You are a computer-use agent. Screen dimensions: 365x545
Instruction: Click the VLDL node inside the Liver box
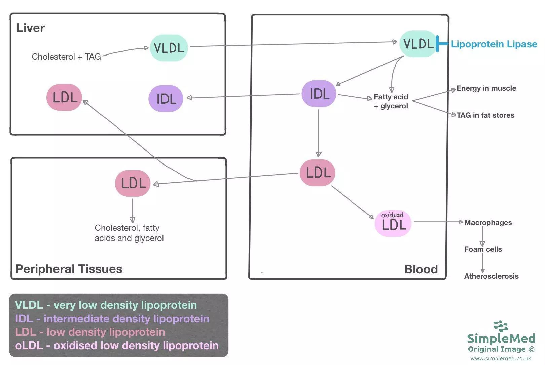(x=169, y=48)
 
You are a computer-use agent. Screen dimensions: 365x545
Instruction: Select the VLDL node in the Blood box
(x=418, y=44)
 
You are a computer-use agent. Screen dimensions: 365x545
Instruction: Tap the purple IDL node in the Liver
(x=166, y=99)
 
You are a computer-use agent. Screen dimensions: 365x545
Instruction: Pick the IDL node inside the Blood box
(x=319, y=94)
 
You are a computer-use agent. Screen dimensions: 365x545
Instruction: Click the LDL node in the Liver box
(x=65, y=98)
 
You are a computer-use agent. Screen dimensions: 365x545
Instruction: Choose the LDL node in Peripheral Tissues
(x=133, y=183)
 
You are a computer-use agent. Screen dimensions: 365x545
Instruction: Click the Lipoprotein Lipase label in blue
(x=494, y=44)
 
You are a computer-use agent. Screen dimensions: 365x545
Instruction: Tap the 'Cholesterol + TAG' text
(x=66, y=57)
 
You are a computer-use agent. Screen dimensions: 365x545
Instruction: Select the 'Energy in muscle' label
(x=486, y=88)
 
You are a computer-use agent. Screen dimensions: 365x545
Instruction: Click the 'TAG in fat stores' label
(x=485, y=115)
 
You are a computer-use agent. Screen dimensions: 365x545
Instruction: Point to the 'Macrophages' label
(x=488, y=223)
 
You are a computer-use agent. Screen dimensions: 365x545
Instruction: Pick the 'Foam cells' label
(x=483, y=249)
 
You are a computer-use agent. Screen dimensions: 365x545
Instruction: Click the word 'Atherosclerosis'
(x=491, y=276)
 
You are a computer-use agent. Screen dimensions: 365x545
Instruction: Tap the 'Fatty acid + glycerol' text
(x=391, y=101)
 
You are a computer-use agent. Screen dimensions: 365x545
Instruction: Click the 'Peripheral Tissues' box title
(x=69, y=269)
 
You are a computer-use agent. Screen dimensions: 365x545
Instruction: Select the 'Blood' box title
(x=421, y=269)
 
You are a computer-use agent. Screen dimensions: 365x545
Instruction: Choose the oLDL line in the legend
(x=117, y=345)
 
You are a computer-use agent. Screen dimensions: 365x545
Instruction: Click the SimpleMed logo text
(x=501, y=338)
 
